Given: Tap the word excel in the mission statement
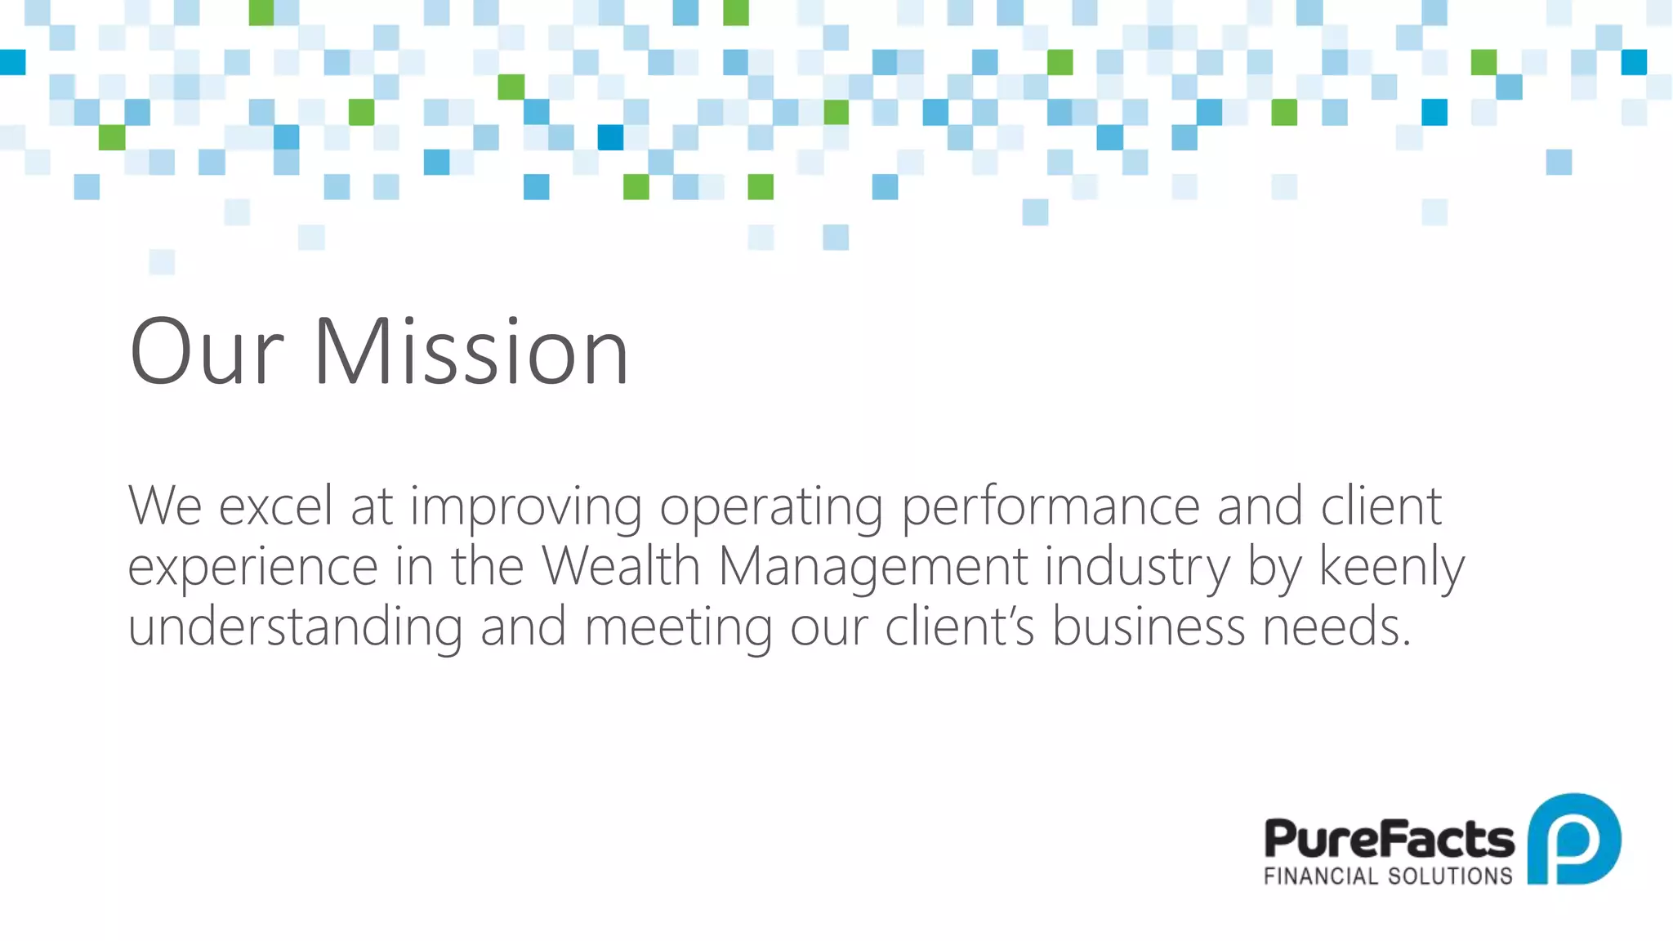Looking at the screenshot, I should tap(276, 506).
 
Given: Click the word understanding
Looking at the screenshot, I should tap(295, 627).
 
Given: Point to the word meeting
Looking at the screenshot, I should tap(678, 627).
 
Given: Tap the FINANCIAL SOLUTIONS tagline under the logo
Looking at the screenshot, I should tap(1388, 876).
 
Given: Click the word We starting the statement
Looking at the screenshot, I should tap(164, 506).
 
